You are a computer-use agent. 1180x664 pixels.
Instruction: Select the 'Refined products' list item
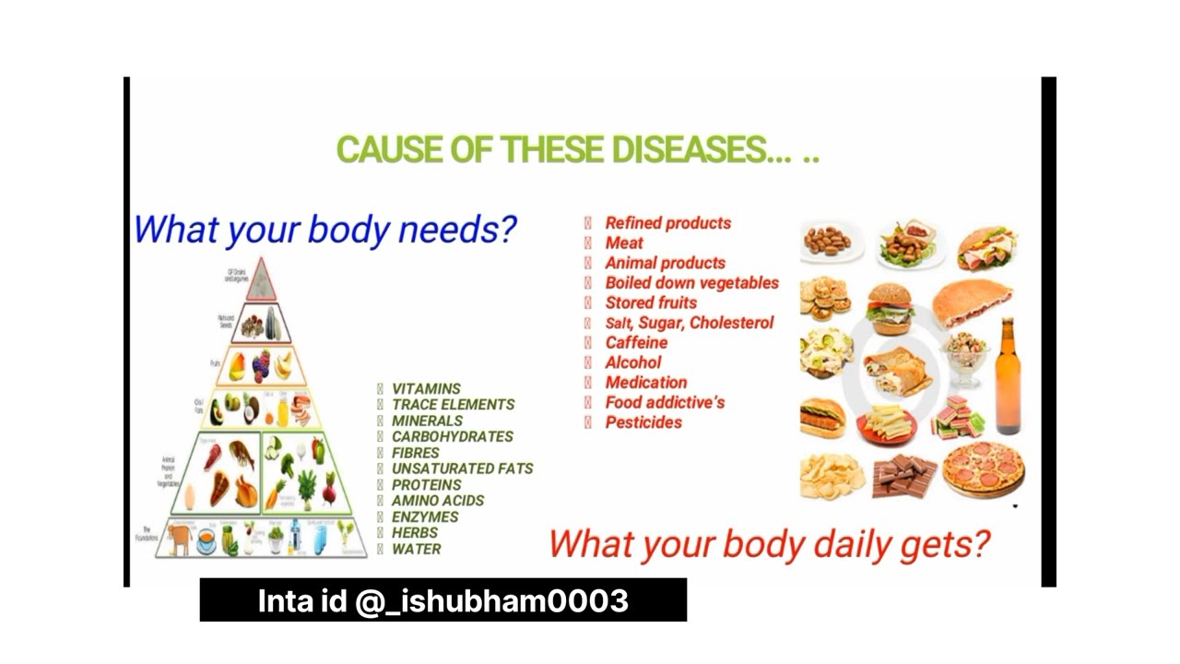point(667,223)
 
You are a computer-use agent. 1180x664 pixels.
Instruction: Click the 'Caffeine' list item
point(636,342)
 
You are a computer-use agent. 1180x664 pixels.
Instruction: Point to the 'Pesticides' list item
point(643,422)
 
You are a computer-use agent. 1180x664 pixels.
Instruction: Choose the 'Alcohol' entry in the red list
point(632,362)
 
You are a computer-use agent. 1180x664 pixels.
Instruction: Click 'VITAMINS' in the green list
point(426,389)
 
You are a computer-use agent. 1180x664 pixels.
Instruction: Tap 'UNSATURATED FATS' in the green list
point(462,468)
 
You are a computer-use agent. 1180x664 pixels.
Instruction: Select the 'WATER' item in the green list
point(416,549)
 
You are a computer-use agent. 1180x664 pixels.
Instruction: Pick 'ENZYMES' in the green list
point(424,516)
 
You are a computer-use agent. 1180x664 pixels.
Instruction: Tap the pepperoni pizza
point(983,468)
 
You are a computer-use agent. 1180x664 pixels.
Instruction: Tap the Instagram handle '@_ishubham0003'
point(491,601)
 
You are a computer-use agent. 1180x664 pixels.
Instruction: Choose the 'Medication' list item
point(645,383)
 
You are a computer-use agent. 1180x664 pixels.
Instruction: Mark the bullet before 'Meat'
point(587,243)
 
